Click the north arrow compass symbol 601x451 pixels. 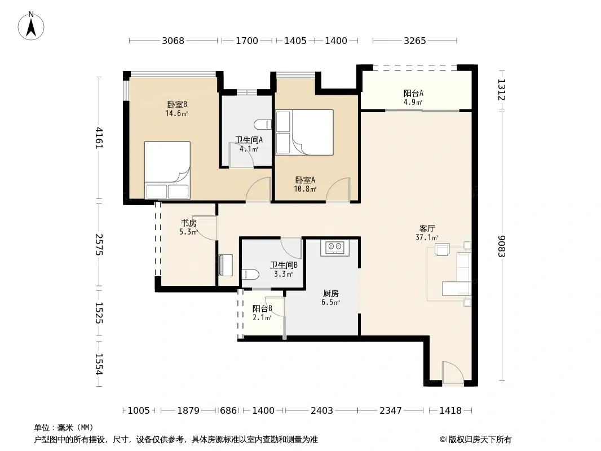click(31, 26)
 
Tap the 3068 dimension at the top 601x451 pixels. click(173, 41)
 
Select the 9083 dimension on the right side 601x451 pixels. click(502, 246)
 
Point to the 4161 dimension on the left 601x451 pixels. click(99, 138)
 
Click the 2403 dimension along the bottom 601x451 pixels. click(321, 411)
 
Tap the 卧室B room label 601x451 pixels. click(176, 104)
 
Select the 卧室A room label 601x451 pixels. click(305, 180)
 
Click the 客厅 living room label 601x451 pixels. click(427, 229)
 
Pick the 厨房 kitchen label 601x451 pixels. click(331, 294)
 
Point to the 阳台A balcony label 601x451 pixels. click(413, 93)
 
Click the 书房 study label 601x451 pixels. click(188, 223)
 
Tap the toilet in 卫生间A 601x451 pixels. click(263, 125)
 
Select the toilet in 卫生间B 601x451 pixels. click(250, 274)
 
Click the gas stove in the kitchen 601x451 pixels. click(335, 247)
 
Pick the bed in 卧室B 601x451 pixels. click(167, 170)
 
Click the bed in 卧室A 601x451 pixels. click(304, 132)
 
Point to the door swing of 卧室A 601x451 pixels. click(338, 189)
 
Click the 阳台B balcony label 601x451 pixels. click(262, 308)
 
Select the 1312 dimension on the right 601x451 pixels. click(502, 90)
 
